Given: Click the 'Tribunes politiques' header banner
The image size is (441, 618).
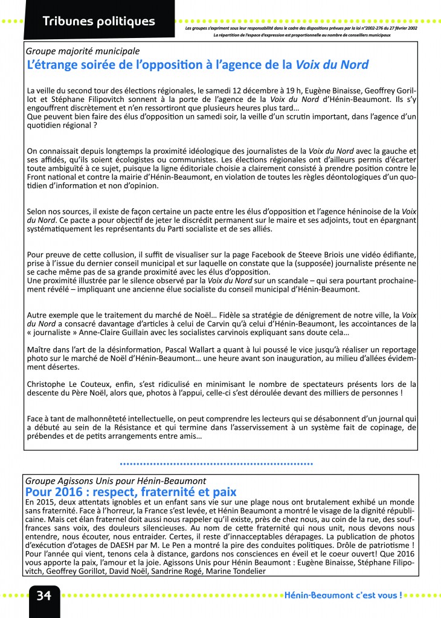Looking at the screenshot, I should [x=98, y=22].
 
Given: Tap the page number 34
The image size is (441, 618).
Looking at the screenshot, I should [x=43, y=596].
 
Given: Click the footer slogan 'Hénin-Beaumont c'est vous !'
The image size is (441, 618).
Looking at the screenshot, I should [x=343, y=596].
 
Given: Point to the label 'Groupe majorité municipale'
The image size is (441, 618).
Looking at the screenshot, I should [x=83, y=51].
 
